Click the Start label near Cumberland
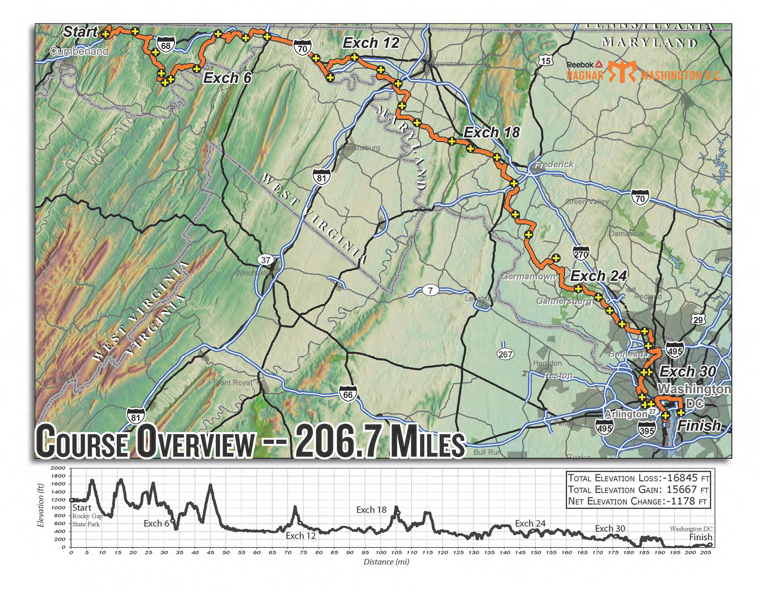click(80, 32)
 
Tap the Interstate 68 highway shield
click(166, 45)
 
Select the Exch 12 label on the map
click(370, 43)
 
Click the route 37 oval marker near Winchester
click(265, 260)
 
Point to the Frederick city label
click(554, 164)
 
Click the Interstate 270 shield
click(581, 254)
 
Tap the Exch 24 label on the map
click(598, 276)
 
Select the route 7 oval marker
click(430, 290)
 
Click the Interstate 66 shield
click(348, 394)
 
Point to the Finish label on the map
click(699, 425)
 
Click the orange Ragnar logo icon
click(622, 72)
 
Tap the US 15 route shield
click(546, 60)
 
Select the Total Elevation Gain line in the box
click(638, 489)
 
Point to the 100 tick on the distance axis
click(380, 553)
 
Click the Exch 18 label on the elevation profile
click(371, 510)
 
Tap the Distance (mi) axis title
click(386, 562)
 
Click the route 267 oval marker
click(505, 354)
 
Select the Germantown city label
click(529, 277)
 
